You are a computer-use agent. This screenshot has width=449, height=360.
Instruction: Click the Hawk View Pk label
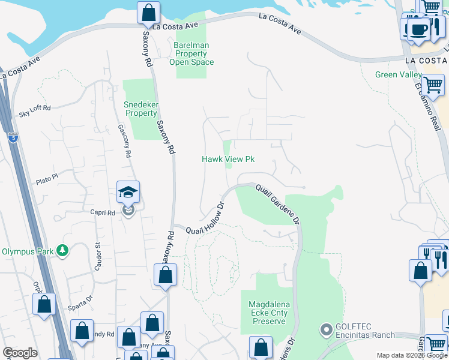228,159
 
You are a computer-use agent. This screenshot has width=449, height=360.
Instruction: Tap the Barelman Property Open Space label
191,53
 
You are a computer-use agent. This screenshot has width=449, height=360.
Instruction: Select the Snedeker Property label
140,109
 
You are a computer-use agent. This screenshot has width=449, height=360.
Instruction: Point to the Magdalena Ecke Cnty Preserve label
268,313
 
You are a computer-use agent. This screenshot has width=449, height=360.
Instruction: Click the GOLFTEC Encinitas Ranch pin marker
327,329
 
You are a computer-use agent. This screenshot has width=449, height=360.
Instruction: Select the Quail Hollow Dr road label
205,218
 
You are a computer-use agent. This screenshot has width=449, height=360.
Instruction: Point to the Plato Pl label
46,178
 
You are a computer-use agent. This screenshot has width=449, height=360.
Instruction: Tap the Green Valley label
394,75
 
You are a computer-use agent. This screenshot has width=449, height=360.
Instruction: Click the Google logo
20,353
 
